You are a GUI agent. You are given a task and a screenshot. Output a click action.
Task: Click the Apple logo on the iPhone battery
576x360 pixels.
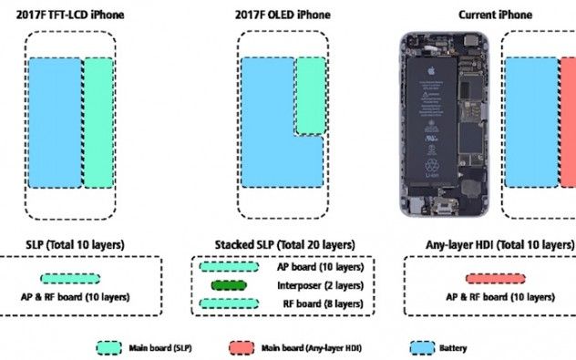pos(436,69)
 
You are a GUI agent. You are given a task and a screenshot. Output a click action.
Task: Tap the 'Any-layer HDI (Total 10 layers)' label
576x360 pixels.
pos(499,245)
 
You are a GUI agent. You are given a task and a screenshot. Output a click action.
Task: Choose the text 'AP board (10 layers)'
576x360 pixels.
pos(319,267)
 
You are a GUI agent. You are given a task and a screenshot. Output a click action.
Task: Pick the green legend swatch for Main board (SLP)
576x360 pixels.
pos(109,346)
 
